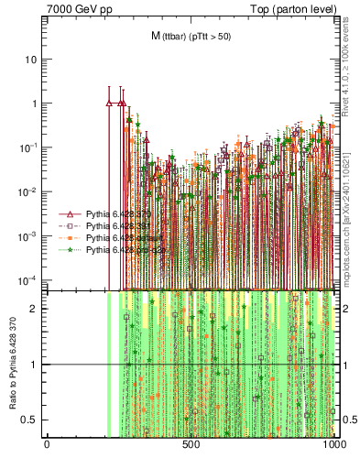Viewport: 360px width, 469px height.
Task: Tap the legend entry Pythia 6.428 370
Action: pos(114,213)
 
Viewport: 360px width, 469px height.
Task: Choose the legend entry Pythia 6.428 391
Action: pos(114,225)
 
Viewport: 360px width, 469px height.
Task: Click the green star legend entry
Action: pos(114,249)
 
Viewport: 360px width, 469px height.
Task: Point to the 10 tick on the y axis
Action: pos(33,60)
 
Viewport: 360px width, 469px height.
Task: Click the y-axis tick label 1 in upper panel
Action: pos(36,104)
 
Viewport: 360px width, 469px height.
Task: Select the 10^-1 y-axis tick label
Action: pos(30,147)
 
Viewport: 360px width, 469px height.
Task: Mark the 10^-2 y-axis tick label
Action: pos(30,191)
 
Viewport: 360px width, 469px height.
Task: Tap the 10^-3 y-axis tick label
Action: pos(30,235)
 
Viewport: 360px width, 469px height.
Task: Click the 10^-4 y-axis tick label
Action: pos(30,279)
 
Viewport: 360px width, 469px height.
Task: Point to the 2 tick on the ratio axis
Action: pos(36,309)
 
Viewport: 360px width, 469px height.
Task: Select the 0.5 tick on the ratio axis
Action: pos(32,420)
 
